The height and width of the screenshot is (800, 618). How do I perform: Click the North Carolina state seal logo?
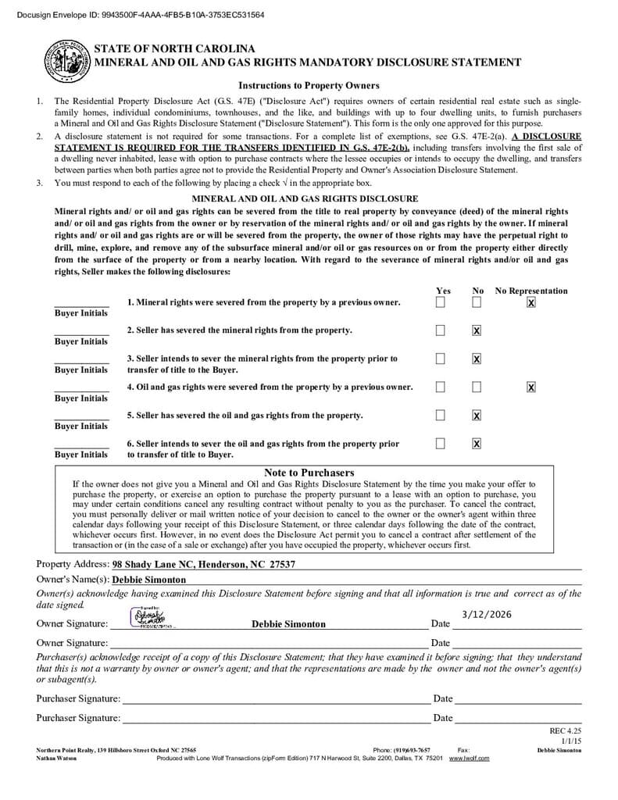[67, 60]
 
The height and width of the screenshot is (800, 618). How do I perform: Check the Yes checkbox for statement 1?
[441, 302]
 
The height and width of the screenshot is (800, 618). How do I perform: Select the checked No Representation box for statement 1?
[531, 302]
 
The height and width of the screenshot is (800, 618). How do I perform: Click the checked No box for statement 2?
[477, 330]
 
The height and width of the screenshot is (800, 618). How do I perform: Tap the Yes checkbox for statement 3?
[441, 359]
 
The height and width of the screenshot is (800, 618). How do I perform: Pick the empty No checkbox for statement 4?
[477, 387]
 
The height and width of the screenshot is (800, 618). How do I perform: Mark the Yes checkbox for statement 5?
[441, 415]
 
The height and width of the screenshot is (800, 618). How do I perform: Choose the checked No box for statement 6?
[477, 444]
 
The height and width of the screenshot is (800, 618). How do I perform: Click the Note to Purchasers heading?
[309, 473]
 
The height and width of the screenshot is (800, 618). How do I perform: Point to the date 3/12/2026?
[487, 614]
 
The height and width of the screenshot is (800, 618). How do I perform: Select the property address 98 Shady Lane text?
[204, 564]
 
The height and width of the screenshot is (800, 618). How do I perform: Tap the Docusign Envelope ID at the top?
[134, 15]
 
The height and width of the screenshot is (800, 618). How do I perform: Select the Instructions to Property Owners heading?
[309, 86]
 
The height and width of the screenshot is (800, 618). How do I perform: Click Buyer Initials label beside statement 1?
[81, 313]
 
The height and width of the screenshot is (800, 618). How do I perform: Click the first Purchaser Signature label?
[78, 698]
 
